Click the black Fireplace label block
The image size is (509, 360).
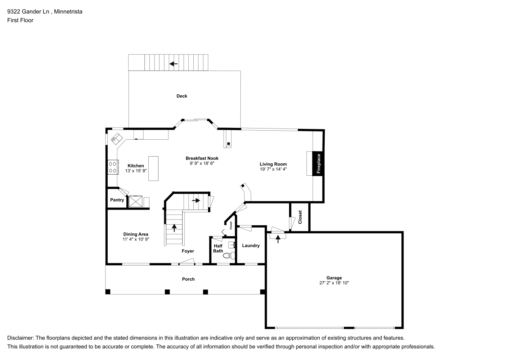pyautogui.click(x=318, y=164)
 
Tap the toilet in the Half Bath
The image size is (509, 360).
pyautogui.click(x=229, y=256)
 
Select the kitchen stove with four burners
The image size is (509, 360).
pyautogui.click(x=113, y=167)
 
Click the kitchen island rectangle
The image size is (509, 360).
pyautogui.click(x=153, y=168)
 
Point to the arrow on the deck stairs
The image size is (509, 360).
pyautogui.click(x=174, y=64)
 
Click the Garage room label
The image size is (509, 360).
pyautogui.click(x=334, y=278)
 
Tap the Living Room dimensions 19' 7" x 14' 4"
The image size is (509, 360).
pyautogui.click(x=273, y=169)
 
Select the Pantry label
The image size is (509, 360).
pyautogui.click(x=117, y=200)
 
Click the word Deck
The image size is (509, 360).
pyautogui.click(x=182, y=96)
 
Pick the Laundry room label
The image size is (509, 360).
pyautogui.click(x=251, y=246)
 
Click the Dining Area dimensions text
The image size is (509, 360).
pyautogui.click(x=136, y=239)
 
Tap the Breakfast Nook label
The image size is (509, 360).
pyautogui.click(x=202, y=158)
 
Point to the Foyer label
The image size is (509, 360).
pyautogui.click(x=188, y=251)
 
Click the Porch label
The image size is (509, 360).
pyautogui.click(x=188, y=279)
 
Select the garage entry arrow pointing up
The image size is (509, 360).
pyautogui.click(x=278, y=239)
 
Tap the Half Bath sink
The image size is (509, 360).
pyautogui.click(x=231, y=245)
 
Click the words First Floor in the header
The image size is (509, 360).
pyautogui.click(x=20, y=20)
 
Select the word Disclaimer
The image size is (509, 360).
pyautogui.click(x=21, y=338)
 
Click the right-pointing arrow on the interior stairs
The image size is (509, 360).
pyautogui.click(x=196, y=201)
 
